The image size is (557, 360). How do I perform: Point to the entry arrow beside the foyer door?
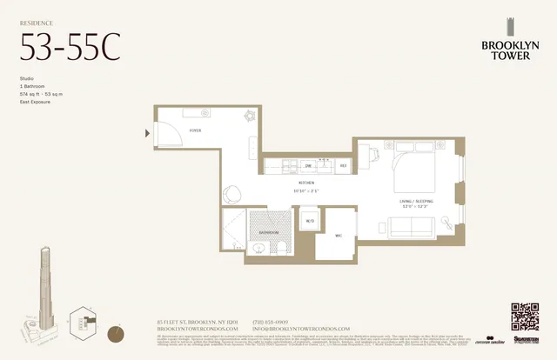click(x=148, y=133)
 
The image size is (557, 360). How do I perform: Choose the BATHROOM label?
click(x=268, y=233)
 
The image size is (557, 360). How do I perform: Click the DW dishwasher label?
click(x=308, y=164)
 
